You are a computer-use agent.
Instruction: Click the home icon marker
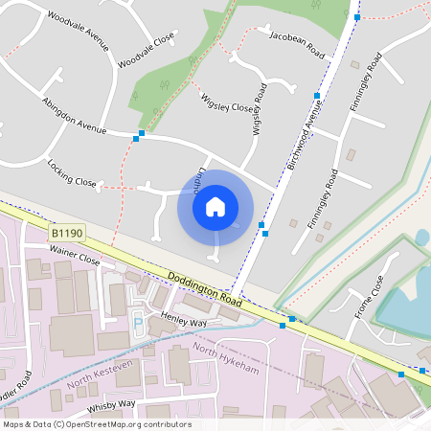[215, 207]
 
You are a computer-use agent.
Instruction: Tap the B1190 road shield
[67, 234]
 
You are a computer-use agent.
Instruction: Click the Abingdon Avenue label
[74, 114]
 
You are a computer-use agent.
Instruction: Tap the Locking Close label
[72, 171]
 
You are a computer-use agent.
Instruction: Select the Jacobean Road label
[297, 44]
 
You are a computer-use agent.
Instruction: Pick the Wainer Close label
[75, 259]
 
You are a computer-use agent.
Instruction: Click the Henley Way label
[185, 319]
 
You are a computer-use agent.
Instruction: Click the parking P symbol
[137, 322]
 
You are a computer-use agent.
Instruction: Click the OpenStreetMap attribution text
[97, 424]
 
